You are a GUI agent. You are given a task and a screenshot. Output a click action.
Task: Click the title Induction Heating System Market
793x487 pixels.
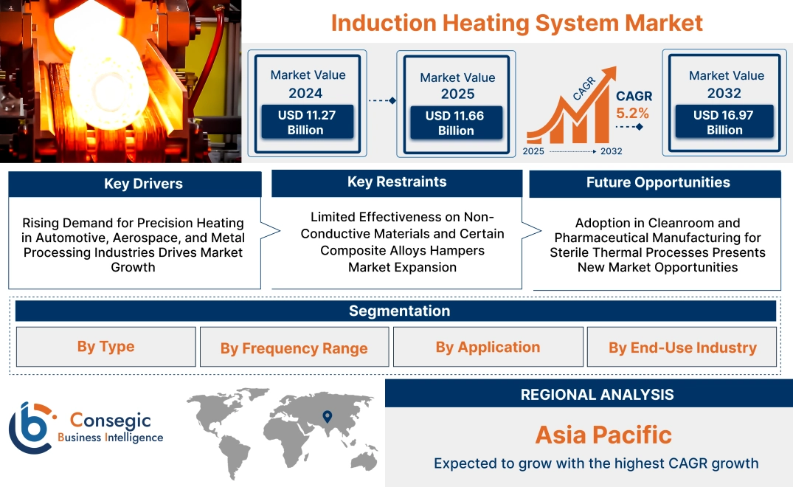click(x=516, y=22)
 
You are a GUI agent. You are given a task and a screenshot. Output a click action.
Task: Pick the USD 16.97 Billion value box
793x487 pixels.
click(x=724, y=122)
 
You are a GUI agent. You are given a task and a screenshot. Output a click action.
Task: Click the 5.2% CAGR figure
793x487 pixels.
click(x=632, y=113)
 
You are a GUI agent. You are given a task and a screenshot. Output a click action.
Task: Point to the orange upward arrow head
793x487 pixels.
click(x=609, y=72)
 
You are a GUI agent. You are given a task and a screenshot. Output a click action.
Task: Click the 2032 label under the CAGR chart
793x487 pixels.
click(x=611, y=151)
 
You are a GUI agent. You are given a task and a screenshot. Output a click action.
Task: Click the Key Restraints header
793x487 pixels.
click(x=397, y=182)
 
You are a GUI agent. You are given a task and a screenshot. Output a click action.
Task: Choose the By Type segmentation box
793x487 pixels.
click(x=105, y=347)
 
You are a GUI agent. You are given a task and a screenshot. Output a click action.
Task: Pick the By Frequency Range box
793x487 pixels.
click(x=294, y=348)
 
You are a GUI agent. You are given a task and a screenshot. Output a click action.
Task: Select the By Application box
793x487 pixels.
click(x=488, y=347)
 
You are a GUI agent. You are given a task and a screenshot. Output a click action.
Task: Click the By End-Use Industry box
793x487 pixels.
click(x=682, y=348)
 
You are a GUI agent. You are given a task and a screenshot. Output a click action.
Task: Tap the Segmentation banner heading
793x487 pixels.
click(x=399, y=311)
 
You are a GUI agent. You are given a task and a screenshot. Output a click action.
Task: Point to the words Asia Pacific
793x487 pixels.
click(x=603, y=435)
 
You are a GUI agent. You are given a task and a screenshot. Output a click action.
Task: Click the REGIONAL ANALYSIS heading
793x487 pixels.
click(x=597, y=395)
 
